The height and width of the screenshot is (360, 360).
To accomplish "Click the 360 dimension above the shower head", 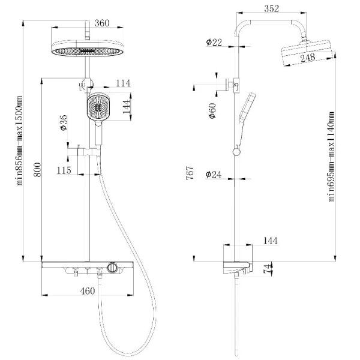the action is click(x=102, y=23).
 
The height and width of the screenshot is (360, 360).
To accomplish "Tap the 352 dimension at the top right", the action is click(x=272, y=8).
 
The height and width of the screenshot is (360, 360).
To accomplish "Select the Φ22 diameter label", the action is click(x=214, y=42).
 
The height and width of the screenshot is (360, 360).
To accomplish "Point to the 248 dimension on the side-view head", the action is click(x=308, y=58).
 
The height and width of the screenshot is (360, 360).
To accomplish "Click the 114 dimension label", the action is click(x=123, y=83).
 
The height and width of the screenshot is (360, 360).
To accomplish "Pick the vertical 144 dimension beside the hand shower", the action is click(x=126, y=107).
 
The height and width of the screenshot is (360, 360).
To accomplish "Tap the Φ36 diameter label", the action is click(x=64, y=123).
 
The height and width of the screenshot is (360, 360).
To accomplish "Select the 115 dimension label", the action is click(x=64, y=170).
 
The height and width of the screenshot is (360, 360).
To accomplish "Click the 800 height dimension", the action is click(x=37, y=170).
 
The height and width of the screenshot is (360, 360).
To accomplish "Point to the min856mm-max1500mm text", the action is click(x=19, y=140).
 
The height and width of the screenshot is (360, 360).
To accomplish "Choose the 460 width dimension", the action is click(x=88, y=291).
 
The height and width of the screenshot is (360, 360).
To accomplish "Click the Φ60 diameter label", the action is click(x=212, y=111).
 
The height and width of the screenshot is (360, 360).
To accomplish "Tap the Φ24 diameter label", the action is click(x=214, y=175).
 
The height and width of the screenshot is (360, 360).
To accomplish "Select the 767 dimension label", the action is click(x=190, y=173).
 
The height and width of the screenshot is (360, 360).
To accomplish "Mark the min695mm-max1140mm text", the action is click(x=331, y=157).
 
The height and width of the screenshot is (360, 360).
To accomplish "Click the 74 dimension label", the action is click(x=267, y=269).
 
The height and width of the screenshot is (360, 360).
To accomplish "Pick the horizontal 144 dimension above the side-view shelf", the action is click(x=271, y=241).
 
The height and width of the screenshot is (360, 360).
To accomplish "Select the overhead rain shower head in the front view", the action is click(x=88, y=48).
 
